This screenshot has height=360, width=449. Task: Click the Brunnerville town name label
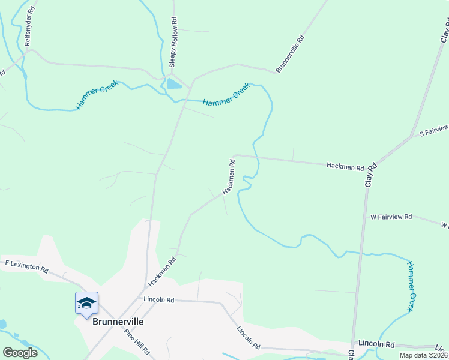click(x=118, y=322)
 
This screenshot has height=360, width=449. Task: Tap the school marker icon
click(x=86, y=302)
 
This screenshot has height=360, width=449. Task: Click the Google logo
click(x=20, y=353)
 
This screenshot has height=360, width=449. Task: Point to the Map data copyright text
click(x=424, y=355)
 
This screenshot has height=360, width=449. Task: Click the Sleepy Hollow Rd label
click(x=174, y=37)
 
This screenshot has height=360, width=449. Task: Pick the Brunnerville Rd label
click(x=291, y=54)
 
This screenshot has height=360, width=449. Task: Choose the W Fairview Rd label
click(x=391, y=216)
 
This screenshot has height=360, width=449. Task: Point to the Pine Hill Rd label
click(x=137, y=342)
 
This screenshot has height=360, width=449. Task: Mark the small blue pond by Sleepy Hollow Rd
click(x=173, y=84)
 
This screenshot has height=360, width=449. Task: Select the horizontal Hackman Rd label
click(x=345, y=167)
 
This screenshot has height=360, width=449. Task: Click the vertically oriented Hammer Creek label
click(x=411, y=286)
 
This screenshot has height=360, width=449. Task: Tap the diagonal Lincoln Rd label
click(x=248, y=338)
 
